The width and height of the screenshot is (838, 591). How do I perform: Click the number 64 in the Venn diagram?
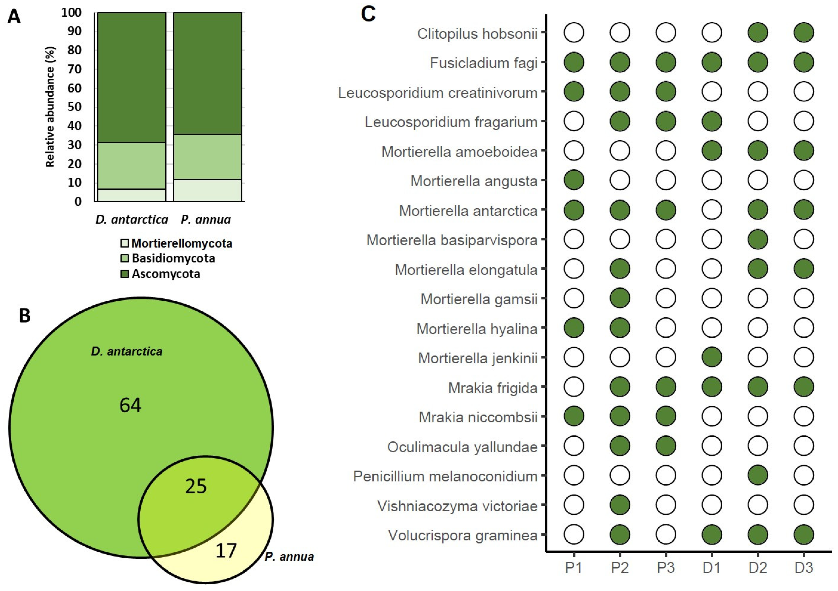click(x=130, y=405)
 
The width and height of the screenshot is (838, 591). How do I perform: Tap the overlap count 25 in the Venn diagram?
click(x=196, y=486)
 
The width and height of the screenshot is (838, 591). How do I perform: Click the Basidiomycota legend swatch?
click(x=124, y=258)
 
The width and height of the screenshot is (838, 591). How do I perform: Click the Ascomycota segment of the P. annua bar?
click(x=207, y=73)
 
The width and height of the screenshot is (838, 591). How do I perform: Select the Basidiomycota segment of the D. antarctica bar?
click(x=132, y=166)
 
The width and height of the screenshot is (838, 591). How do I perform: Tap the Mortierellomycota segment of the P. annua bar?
click(x=207, y=190)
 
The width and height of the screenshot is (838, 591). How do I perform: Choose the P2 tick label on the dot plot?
click(x=620, y=568)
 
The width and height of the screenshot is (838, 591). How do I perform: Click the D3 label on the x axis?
click(x=804, y=568)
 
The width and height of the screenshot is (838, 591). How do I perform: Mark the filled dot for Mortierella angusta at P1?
click(x=574, y=180)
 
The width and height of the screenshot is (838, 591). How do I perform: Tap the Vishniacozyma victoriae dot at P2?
click(x=620, y=505)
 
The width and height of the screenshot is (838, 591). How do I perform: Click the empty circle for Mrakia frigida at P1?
click(x=574, y=387)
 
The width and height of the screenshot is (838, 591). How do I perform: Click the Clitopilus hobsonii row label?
click(x=477, y=34)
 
